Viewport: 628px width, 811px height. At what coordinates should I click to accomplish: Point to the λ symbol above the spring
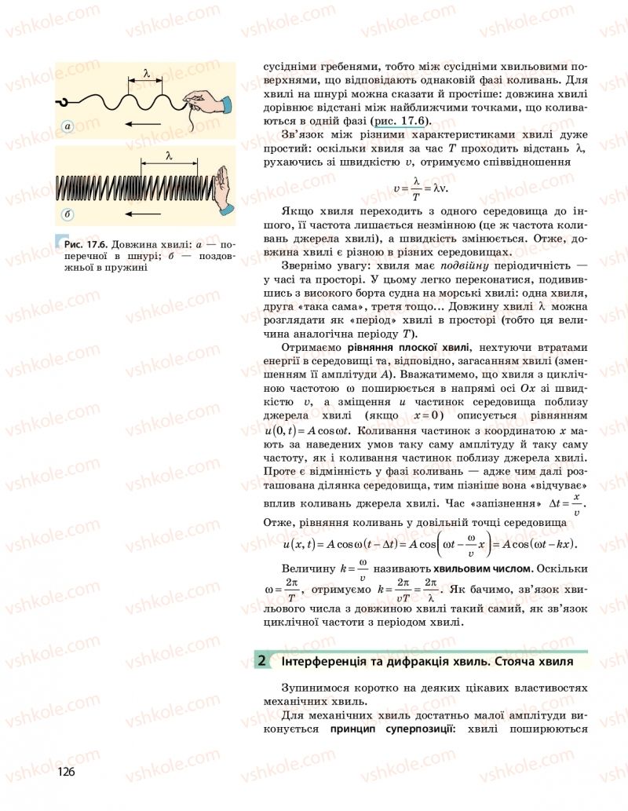(170, 155)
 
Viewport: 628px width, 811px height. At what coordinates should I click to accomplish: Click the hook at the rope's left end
(62, 101)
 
